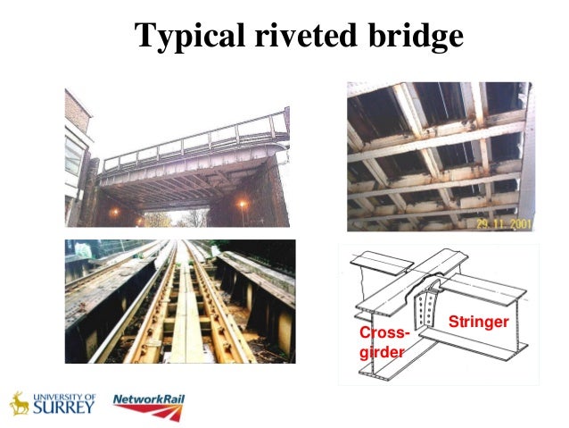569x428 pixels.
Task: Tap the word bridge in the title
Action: pos(416,35)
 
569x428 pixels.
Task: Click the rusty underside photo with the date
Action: pos(440,156)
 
